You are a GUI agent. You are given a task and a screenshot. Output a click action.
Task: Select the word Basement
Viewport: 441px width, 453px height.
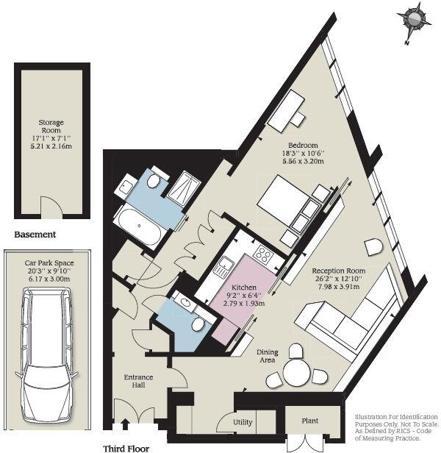pos(35,235)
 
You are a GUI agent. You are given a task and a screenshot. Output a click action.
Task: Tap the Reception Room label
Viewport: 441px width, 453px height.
pos(339,271)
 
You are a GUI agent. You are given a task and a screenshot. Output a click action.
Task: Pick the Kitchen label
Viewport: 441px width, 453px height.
pos(244,287)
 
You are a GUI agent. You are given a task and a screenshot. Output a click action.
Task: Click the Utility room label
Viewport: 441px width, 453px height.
pos(243,424)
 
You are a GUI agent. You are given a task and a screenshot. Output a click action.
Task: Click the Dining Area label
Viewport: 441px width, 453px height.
pos(267,357)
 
